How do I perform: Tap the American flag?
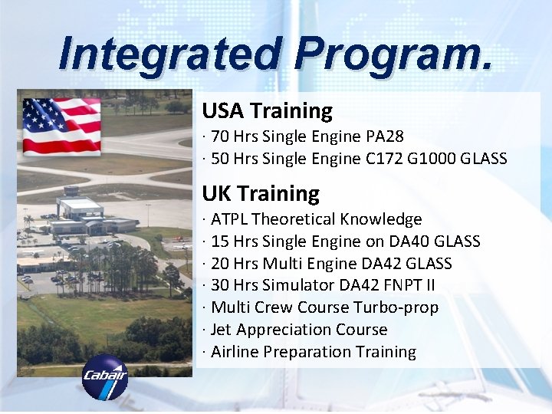[61, 126]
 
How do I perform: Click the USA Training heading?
[267, 111]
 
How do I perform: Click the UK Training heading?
[261, 193]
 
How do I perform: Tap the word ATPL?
[229, 219]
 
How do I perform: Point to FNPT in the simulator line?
[401, 285]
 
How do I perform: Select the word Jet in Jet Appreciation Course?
[222, 330]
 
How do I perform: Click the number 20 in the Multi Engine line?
[220, 264]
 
